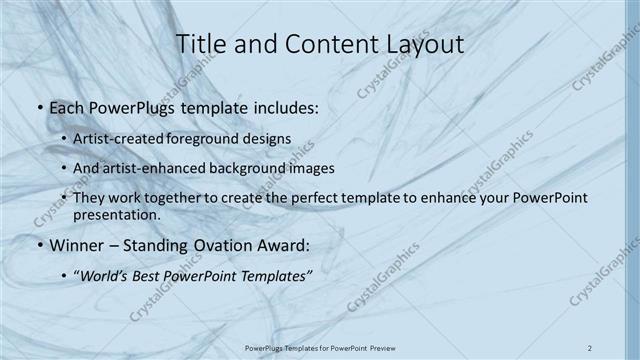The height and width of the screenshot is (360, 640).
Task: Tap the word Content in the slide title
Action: (319, 44)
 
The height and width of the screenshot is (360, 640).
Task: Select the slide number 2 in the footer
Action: (591, 348)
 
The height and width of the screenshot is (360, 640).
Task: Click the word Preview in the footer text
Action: (378, 348)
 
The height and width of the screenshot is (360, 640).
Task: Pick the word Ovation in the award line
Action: (197, 245)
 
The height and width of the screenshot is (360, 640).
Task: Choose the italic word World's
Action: (113, 275)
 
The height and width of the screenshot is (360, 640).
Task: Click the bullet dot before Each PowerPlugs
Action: (38, 106)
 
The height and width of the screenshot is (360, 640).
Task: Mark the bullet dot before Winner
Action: (38, 245)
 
